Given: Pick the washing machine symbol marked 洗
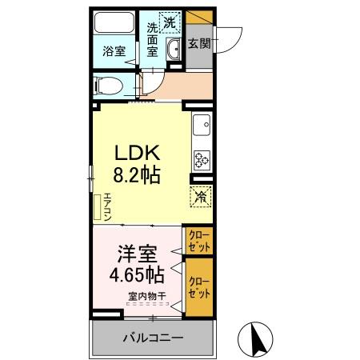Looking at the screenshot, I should (170, 22).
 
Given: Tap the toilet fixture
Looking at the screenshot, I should (106, 82).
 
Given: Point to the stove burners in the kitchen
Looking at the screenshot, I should (200, 158).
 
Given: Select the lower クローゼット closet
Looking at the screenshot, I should (199, 286).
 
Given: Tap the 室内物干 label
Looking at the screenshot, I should (146, 298).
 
